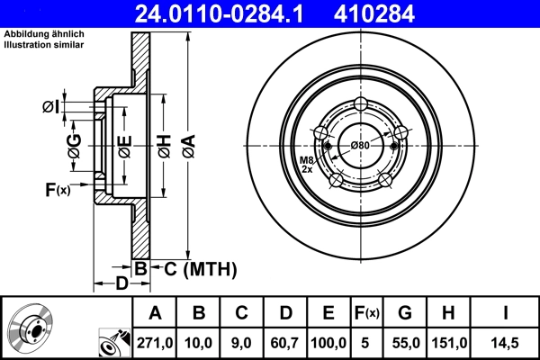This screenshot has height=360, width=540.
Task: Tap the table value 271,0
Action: [155, 343]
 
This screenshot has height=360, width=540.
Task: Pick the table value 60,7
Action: [284, 343]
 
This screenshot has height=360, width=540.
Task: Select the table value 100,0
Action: [328, 343]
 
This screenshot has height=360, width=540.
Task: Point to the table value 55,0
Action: [406, 343]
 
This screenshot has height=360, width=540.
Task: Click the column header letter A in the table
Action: [155, 313]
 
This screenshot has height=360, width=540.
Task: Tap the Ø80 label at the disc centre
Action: [361, 146]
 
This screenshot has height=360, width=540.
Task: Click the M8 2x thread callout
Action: [307, 164]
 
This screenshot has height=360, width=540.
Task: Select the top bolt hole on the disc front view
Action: [361, 103]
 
